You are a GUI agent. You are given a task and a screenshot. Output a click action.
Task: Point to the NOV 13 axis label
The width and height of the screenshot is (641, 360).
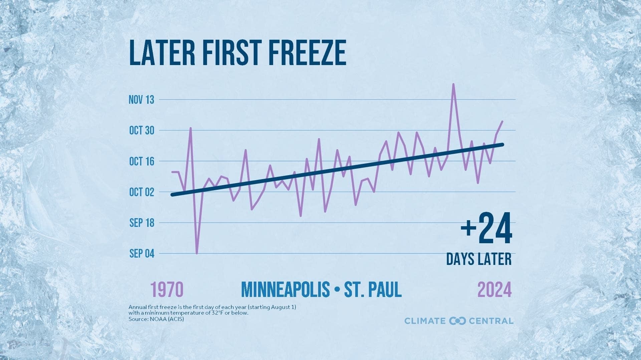click(x=142, y=100)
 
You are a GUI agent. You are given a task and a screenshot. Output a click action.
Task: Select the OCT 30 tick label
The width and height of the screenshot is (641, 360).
click(x=142, y=130)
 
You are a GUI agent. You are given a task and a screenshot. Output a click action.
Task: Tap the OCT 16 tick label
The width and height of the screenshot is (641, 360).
click(x=142, y=161)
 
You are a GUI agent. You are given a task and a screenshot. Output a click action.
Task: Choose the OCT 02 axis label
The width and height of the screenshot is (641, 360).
click(x=142, y=192)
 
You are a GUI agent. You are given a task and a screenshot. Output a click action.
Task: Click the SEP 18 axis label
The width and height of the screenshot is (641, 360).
click(x=142, y=223)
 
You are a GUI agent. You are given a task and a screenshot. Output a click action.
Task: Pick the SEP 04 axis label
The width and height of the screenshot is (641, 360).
click(x=142, y=254)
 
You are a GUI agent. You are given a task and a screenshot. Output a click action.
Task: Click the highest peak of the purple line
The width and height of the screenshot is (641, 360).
click(x=453, y=84)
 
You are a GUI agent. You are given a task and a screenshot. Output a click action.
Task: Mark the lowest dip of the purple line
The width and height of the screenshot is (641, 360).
click(x=197, y=253)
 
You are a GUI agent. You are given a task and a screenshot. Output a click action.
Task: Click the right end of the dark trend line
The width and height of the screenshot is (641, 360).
click(x=502, y=144)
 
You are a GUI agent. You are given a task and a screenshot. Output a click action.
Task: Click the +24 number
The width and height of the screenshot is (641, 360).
click(x=486, y=229)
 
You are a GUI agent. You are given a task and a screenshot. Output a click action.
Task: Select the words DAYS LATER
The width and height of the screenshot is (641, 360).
click(x=479, y=259)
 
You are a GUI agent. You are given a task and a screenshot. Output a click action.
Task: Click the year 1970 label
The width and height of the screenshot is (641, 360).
click(x=167, y=289)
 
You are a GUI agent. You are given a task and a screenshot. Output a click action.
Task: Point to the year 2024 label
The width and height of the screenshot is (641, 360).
click(x=494, y=289)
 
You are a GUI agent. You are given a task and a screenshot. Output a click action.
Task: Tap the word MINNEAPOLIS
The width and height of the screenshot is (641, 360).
click(x=285, y=289)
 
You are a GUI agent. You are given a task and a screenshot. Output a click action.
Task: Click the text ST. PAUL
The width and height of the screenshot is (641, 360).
click(x=373, y=289)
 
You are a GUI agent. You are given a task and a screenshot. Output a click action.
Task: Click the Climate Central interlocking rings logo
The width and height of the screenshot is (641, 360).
click(x=457, y=321)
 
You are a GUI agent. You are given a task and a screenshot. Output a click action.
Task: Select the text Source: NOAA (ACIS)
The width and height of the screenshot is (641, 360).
click(x=156, y=319)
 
